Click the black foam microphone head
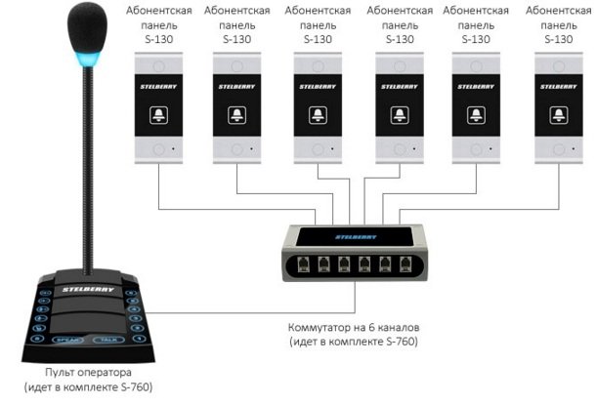87,28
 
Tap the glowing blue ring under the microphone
88,59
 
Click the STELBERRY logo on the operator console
88,290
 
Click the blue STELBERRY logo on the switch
356,237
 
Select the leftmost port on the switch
303,263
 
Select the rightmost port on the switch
405,263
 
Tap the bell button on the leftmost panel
158,115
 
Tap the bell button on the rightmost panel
559,115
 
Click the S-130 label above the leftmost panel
158,39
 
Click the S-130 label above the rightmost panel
559,39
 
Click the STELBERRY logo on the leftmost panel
158,87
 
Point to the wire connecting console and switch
251,312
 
